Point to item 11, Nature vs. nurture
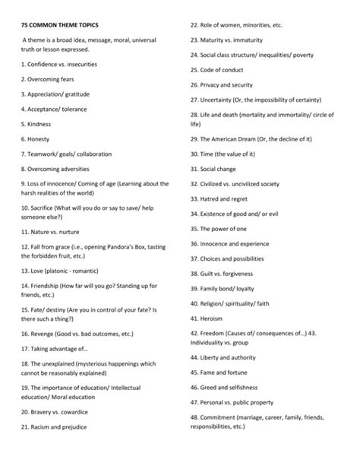coord(55,231)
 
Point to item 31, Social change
coord(217,169)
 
